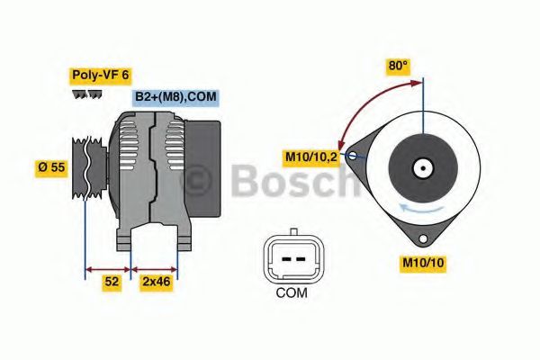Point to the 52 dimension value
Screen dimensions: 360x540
pyautogui.click(x=112, y=282)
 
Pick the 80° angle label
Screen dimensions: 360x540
pyautogui.click(x=398, y=66)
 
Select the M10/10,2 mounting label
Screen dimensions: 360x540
pyautogui.click(x=311, y=157)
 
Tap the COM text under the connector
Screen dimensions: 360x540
pyautogui.click(x=290, y=292)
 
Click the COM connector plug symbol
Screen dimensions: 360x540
pyautogui.click(x=290, y=258)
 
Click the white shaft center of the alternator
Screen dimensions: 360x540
pyautogui.click(x=421, y=167)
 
